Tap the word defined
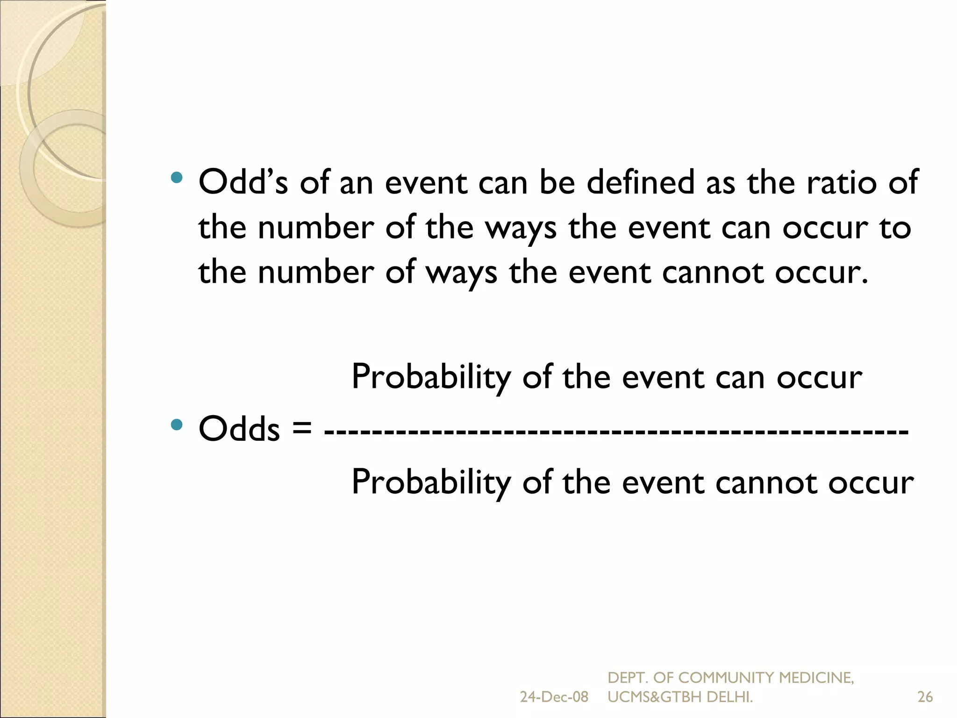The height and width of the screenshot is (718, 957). pyautogui.click(x=640, y=182)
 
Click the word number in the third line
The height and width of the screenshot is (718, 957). pyautogui.click(x=315, y=273)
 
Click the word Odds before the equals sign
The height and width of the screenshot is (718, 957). pyautogui.click(x=239, y=429)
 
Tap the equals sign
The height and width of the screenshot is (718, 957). pyautogui.click(x=301, y=428)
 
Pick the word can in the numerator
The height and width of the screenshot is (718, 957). pyautogui.click(x=740, y=377)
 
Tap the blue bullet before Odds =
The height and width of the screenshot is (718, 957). pyautogui.click(x=176, y=424)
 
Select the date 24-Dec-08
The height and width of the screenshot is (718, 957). pyautogui.click(x=554, y=697)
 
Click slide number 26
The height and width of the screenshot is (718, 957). pyautogui.click(x=925, y=697)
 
